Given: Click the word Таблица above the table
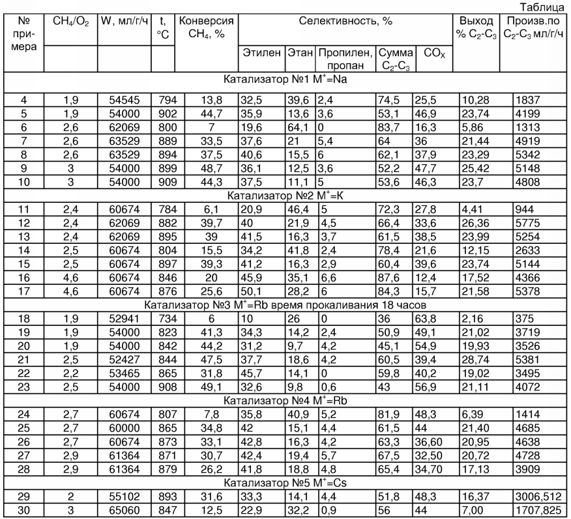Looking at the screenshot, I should coord(547,8).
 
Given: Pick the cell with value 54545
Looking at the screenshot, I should coord(124,100).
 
